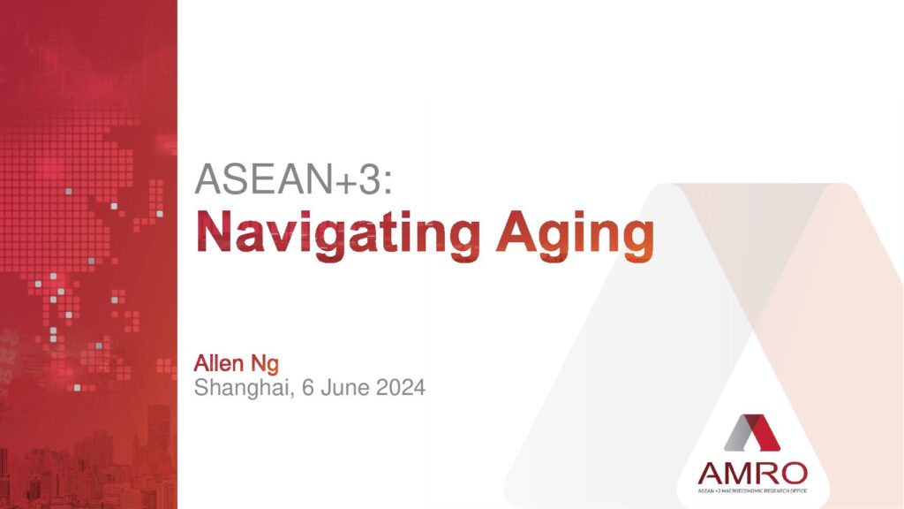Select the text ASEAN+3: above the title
tap(294, 179)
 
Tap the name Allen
tap(219, 363)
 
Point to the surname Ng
tap(265, 365)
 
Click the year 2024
tap(401, 387)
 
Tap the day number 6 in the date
tap(307, 387)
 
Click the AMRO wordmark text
tap(752, 474)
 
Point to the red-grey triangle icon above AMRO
tap(752, 432)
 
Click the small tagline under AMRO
tap(752, 491)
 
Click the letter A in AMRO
tap(711, 474)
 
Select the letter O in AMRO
tap(795, 474)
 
